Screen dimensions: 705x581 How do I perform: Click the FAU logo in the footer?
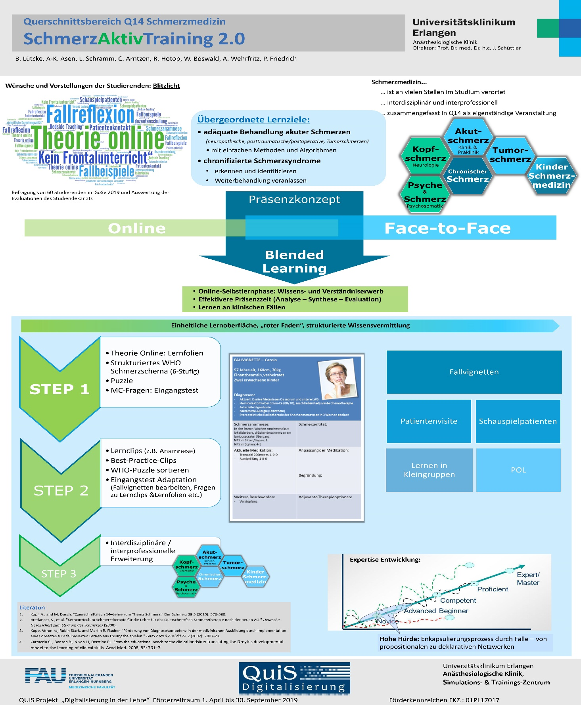[x=46, y=675]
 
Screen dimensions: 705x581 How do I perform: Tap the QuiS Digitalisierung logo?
[x=294, y=678]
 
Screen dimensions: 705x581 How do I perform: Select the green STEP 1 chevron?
[x=60, y=389]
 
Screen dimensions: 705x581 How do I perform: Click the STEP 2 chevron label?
[x=61, y=490]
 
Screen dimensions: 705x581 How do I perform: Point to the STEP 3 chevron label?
[x=59, y=574]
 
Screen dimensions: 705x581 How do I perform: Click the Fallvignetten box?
[x=474, y=372]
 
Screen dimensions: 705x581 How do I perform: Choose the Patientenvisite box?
[x=429, y=421]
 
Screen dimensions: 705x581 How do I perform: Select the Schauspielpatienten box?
[x=518, y=421]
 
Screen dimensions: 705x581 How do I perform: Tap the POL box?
[x=518, y=470]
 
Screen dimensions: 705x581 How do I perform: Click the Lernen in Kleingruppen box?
[x=429, y=470]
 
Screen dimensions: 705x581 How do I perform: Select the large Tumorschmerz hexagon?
[x=510, y=155]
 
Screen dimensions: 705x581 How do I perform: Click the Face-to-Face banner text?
[x=447, y=228]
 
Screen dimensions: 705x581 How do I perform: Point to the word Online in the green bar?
[x=136, y=228]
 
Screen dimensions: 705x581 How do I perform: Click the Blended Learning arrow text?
[x=294, y=261]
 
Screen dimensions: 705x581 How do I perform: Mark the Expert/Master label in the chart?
[x=528, y=579]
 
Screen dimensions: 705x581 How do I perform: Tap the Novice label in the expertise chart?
[x=387, y=621]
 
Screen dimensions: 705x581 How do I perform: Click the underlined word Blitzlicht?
[x=166, y=86]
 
